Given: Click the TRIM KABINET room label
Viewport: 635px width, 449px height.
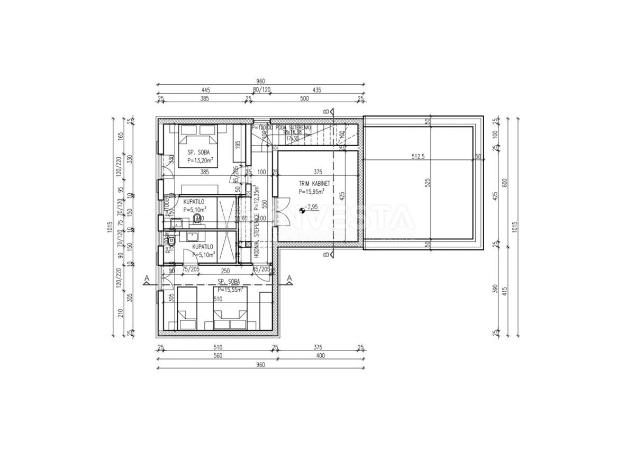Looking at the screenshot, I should (314, 183).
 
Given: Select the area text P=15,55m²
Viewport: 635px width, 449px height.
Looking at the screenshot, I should (230, 290).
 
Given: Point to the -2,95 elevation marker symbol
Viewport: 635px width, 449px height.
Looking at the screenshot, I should (302, 210).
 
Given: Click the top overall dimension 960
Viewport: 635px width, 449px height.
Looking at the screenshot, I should (260, 81).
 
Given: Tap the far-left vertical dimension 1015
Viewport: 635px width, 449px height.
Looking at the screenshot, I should (109, 227).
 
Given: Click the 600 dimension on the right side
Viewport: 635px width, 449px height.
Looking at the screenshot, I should (505, 183).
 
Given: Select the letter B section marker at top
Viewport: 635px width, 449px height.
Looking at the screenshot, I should (326, 111).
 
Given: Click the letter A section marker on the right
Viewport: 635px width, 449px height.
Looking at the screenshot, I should (289, 277).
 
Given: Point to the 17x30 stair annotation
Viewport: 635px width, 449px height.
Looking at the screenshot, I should (292, 138).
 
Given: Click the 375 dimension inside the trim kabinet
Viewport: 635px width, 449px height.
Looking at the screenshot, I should (317, 172).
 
